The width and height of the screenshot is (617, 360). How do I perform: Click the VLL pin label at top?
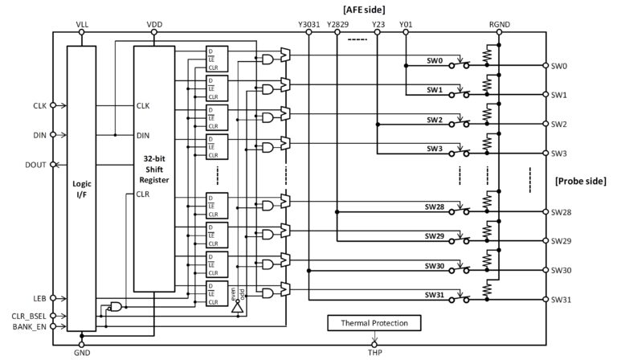click(x=82, y=25)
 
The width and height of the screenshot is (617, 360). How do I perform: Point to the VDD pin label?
click(x=155, y=25)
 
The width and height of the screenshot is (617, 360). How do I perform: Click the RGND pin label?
click(x=499, y=25)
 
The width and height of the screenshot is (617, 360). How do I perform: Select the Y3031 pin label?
click(x=309, y=25)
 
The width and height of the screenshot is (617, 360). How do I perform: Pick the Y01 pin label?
click(x=406, y=25)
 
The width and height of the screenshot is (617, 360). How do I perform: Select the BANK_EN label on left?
click(x=31, y=326)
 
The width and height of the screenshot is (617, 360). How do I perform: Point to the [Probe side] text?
click(x=582, y=182)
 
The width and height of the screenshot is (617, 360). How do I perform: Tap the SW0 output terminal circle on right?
click(x=544, y=66)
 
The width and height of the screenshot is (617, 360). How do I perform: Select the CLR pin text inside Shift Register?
click(x=143, y=194)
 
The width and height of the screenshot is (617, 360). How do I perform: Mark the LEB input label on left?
click(x=39, y=297)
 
